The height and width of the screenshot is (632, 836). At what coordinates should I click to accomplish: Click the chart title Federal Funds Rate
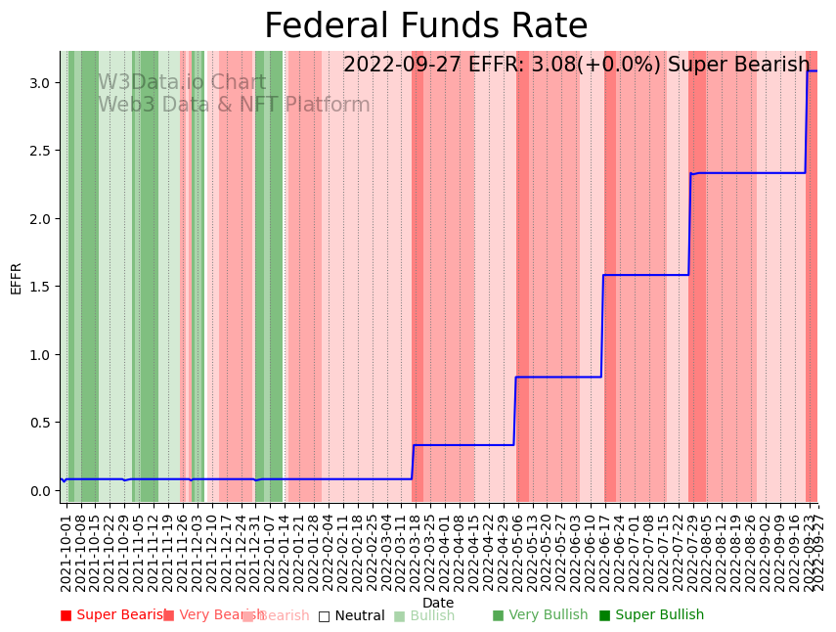click(x=425, y=26)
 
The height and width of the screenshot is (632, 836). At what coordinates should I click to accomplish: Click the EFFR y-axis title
click(x=16, y=278)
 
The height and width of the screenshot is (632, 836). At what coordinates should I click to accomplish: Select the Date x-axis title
click(x=438, y=603)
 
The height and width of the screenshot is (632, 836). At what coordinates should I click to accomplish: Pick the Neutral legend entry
click(x=352, y=616)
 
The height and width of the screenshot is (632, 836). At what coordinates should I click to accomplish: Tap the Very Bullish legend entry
click(x=541, y=615)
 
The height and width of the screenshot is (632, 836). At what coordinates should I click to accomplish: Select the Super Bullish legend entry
click(x=652, y=615)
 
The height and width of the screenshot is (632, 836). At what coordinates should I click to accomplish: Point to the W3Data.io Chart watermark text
click(x=182, y=83)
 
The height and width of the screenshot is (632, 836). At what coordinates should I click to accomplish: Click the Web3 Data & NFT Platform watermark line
click(x=234, y=106)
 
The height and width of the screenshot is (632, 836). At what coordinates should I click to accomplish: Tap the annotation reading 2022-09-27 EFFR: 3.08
click(x=576, y=66)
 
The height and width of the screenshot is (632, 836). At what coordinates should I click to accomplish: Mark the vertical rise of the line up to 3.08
click(x=806, y=122)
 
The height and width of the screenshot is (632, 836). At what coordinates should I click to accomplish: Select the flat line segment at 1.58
click(x=645, y=275)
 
